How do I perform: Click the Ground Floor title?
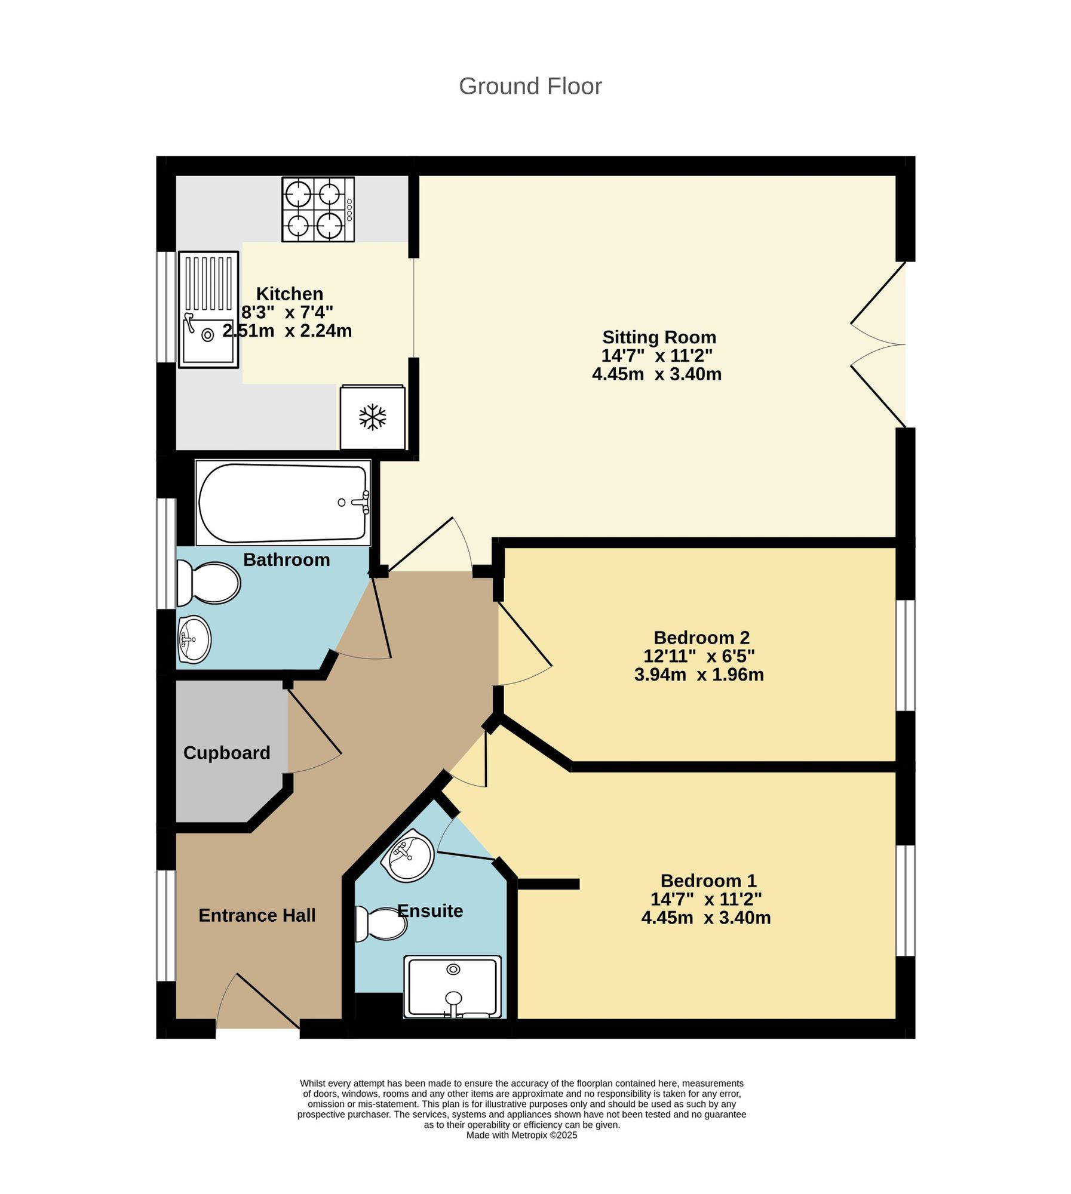[x=530, y=87]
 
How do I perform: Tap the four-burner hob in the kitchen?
[x=318, y=210]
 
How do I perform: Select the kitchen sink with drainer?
[x=208, y=309]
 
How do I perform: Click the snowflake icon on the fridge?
[x=373, y=417]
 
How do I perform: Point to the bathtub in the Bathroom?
[x=283, y=503]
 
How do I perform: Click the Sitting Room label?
[x=659, y=337]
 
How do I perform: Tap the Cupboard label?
[x=227, y=753]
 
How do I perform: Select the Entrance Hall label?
[x=257, y=915]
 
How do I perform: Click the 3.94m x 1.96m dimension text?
[x=699, y=675]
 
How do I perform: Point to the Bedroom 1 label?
[x=708, y=881]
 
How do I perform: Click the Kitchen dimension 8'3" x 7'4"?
[x=287, y=312]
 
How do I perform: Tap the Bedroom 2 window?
[x=906, y=656]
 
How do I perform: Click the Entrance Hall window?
[x=166, y=926]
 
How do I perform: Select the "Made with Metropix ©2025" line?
[x=521, y=1135]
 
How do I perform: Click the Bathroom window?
[x=166, y=553]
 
